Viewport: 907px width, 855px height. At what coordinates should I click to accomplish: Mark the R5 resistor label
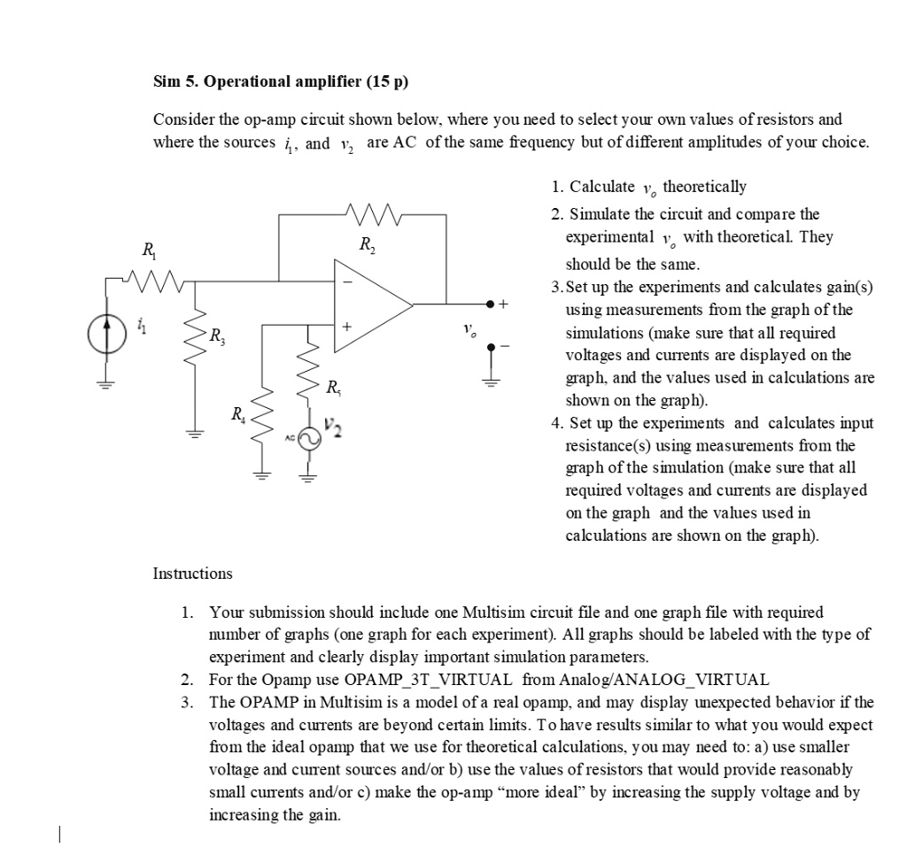pyautogui.click(x=333, y=387)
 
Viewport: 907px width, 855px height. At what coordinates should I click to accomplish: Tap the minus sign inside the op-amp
pyautogui.click(x=347, y=282)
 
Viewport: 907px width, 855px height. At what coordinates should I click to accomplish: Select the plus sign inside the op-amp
pyautogui.click(x=347, y=327)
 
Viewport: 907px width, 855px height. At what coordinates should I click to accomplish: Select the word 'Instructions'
pyautogui.click(x=192, y=574)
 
